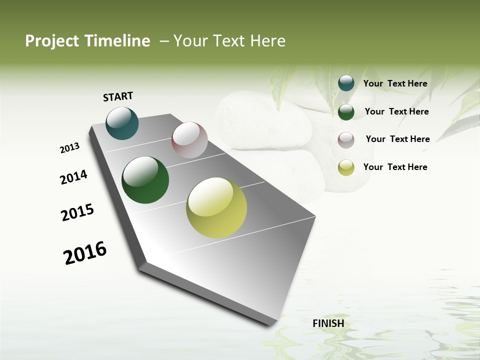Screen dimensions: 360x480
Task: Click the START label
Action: [x=118, y=96]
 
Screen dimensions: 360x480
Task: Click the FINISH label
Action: [x=328, y=323]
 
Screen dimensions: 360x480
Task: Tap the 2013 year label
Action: [x=69, y=148]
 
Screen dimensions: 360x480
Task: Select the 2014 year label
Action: [x=73, y=177]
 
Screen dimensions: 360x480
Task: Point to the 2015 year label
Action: [x=77, y=212]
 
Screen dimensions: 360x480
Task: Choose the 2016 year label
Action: [x=85, y=253]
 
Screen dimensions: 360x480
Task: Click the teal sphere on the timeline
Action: [x=122, y=123]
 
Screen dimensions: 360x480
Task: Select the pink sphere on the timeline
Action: [x=189, y=140]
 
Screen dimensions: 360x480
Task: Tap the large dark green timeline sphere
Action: [x=145, y=180]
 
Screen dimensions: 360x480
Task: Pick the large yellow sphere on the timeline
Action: [x=216, y=207]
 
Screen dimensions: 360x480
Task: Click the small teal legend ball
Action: [x=346, y=83]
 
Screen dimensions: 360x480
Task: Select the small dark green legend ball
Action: [x=346, y=112]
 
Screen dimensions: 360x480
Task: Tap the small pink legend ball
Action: [x=346, y=139]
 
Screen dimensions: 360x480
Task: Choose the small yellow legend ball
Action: [x=346, y=167]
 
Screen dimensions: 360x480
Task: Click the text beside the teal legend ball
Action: [x=395, y=83]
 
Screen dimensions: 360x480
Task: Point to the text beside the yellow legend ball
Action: [x=395, y=167]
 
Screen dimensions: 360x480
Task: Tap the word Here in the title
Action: [x=267, y=41]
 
